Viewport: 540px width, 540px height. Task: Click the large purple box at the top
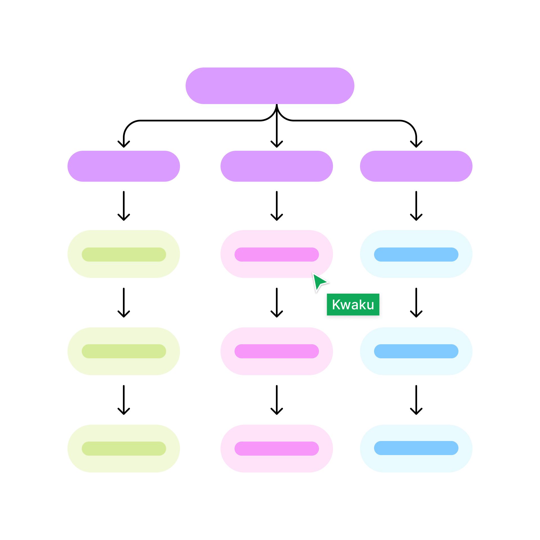point(270,86)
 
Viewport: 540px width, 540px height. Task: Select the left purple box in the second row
point(123,166)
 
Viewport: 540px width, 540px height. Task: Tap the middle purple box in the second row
point(276,166)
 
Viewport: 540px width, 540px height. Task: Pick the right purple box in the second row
point(416,166)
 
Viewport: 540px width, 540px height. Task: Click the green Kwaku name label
point(353,305)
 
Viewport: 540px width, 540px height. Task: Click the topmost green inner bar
point(124,255)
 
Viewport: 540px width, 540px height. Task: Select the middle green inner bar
point(124,351)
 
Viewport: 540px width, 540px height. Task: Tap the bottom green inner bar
point(124,449)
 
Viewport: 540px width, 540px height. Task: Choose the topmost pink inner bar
point(276,255)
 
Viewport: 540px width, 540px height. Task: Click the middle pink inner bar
point(276,351)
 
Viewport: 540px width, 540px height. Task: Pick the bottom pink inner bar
point(276,449)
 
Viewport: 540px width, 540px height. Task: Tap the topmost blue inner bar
point(416,255)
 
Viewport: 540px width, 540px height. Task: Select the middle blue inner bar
point(416,351)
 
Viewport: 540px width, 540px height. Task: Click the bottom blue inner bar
point(416,448)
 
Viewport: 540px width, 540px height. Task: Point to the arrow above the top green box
point(124,206)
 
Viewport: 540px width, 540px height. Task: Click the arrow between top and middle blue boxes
point(416,303)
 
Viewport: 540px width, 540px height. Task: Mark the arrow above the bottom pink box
point(276,400)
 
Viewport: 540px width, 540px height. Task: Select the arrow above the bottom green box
point(124,400)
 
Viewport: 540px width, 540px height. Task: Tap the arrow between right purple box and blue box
point(416,206)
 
